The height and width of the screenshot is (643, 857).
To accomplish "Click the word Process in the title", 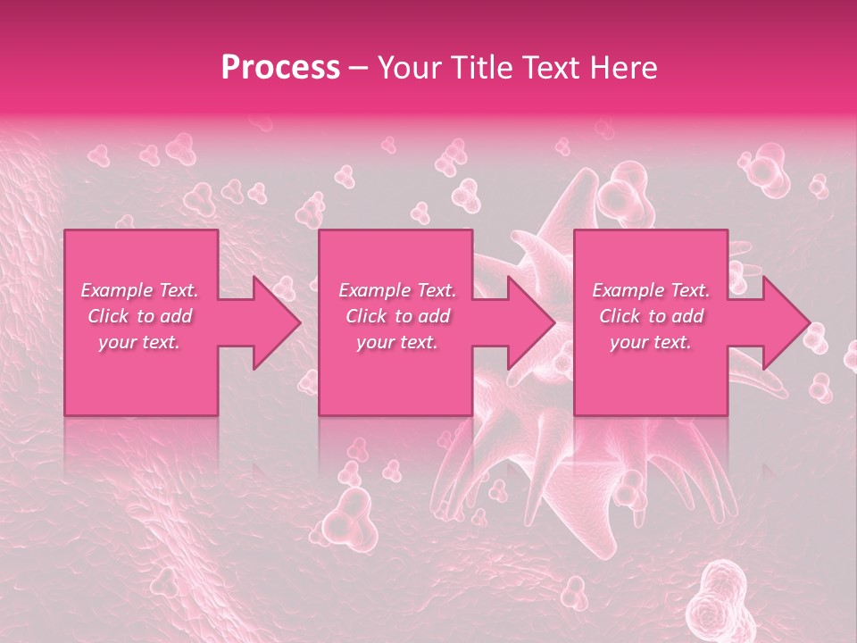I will click(280, 67).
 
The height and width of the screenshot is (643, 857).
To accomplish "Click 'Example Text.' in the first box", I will click(140, 290).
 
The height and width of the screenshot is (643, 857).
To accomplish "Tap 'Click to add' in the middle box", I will click(397, 316).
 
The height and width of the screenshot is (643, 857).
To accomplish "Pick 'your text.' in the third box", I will click(651, 342).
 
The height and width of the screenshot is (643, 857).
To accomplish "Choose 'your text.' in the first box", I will click(140, 342).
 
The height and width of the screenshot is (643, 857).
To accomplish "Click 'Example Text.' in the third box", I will click(651, 290).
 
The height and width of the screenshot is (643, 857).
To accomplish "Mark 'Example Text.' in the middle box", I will click(397, 290).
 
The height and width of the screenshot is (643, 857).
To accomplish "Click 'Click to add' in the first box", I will click(140, 316).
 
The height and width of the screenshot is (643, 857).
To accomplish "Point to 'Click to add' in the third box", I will click(651, 316).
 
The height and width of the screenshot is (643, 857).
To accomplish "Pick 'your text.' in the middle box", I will click(397, 342).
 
